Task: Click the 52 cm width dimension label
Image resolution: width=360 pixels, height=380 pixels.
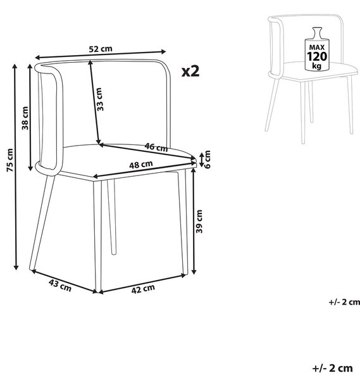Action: point(101,49)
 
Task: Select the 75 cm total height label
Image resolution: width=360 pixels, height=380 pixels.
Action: point(10,160)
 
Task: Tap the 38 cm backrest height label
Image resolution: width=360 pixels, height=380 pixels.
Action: point(25,118)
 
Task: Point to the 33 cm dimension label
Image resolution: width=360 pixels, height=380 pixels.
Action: point(100,99)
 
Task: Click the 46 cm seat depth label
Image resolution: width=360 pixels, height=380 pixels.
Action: point(156,147)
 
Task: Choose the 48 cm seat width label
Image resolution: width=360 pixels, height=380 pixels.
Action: point(141,165)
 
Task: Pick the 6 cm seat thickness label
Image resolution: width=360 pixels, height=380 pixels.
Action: point(208,159)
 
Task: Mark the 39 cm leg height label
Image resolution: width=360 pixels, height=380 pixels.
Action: point(199,222)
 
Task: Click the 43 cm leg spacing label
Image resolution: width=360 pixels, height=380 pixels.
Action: point(60,285)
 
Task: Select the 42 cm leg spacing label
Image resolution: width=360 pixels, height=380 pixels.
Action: point(143,289)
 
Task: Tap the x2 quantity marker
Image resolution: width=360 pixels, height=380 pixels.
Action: point(190,71)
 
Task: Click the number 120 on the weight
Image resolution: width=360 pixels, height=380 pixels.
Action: point(317,56)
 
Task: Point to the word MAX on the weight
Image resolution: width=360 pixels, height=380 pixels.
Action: point(317,47)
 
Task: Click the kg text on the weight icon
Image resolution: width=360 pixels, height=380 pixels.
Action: point(317,66)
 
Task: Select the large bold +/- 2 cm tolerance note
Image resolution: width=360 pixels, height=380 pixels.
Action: point(332,368)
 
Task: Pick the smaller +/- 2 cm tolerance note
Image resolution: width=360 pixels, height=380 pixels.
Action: point(344,302)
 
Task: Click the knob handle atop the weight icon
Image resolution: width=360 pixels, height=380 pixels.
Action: point(317,32)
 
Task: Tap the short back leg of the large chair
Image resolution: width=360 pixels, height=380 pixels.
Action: point(111,217)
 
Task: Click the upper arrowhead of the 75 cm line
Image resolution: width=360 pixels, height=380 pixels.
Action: point(15,66)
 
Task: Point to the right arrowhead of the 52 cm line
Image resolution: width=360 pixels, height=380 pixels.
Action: point(163,51)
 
